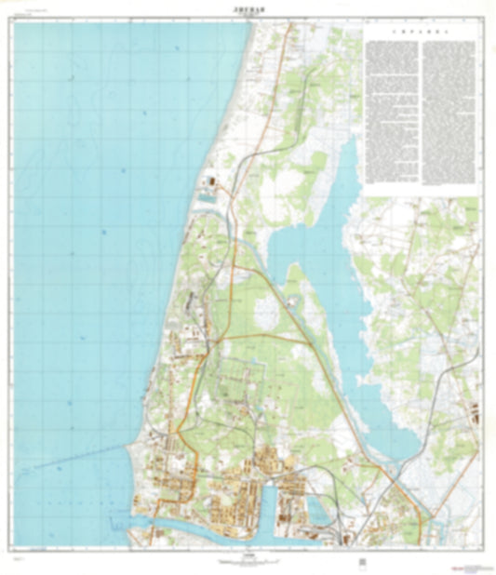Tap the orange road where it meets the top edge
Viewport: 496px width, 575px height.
[289, 24]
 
